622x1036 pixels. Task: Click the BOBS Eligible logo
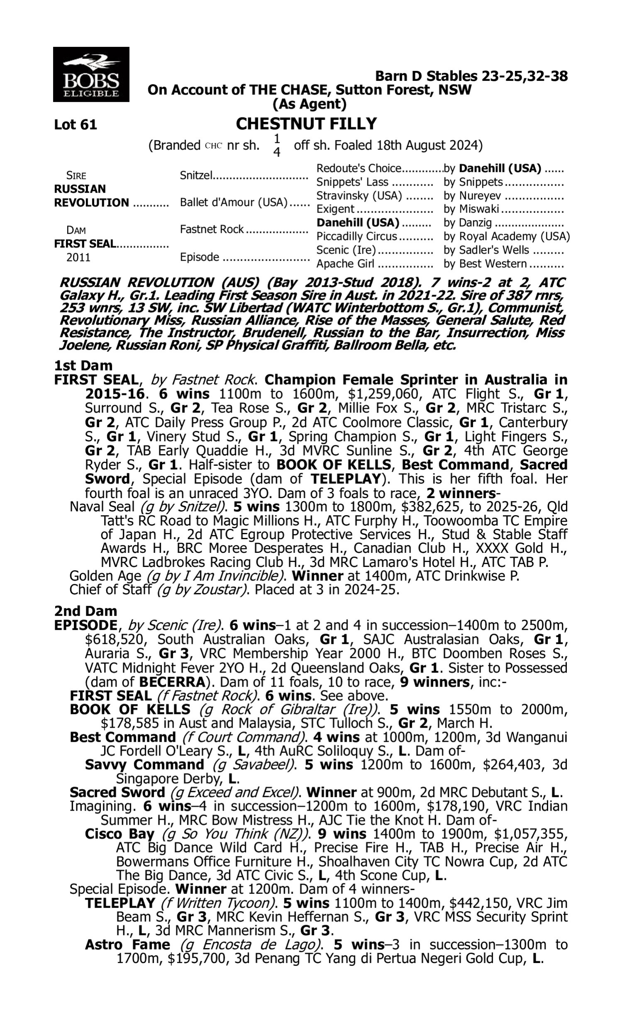(x=91, y=75)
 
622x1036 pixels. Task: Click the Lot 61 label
(x=75, y=125)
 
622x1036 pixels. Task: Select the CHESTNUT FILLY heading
(x=306, y=124)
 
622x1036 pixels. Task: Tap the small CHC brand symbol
(x=213, y=146)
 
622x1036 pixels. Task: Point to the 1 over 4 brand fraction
(x=277, y=145)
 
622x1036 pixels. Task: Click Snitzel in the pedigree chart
(x=196, y=175)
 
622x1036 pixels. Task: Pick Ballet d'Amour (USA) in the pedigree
(x=233, y=203)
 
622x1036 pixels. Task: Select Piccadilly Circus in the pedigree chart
(x=356, y=237)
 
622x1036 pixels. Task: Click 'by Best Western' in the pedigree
(x=485, y=264)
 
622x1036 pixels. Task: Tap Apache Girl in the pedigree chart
(x=346, y=264)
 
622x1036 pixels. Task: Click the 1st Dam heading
(x=83, y=366)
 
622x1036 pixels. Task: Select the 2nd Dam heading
(x=85, y=611)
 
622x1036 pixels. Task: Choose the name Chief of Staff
(x=110, y=590)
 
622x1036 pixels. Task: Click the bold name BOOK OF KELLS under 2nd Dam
(x=130, y=709)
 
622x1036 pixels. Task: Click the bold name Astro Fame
(x=127, y=945)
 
